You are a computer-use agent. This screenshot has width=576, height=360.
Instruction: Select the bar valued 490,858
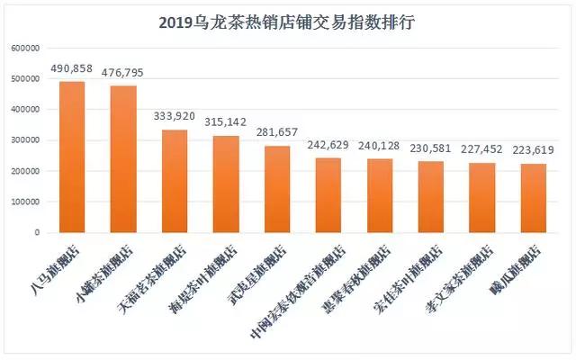(x=72, y=157)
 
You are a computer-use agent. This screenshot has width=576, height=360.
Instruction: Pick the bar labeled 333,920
(x=175, y=181)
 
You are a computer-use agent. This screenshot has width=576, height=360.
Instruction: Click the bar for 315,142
(x=226, y=184)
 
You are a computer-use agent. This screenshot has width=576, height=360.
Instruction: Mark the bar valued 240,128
(x=380, y=195)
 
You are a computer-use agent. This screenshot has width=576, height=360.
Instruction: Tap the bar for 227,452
(x=482, y=197)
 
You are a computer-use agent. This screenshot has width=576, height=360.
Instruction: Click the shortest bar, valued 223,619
(x=534, y=198)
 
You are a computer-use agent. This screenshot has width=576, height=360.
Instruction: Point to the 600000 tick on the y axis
(x=24, y=49)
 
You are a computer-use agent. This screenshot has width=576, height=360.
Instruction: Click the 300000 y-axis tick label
(x=24, y=140)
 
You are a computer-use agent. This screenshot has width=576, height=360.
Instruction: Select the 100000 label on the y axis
(x=24, y=202)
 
